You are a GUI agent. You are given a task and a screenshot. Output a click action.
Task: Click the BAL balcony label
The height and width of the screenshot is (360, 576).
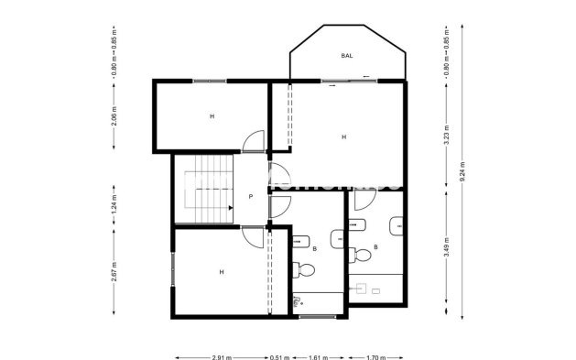pos(347,56)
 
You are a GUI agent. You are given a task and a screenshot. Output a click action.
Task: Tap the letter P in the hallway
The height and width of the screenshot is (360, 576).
pos(250,197)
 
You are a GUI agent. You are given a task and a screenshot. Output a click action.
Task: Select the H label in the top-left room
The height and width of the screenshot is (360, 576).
pos(212,116)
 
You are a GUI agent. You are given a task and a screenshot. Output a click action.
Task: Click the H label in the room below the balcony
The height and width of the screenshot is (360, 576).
pos(343,137)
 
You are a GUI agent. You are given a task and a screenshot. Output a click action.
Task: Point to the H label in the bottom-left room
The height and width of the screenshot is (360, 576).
pos(221,272)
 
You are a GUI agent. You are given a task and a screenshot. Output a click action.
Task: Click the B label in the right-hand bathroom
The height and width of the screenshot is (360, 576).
pos(376,248)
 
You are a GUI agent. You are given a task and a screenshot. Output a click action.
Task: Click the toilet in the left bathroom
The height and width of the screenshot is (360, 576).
pos(305,269)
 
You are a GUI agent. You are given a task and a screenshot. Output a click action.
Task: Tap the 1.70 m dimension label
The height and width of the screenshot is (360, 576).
pos(375,356)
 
